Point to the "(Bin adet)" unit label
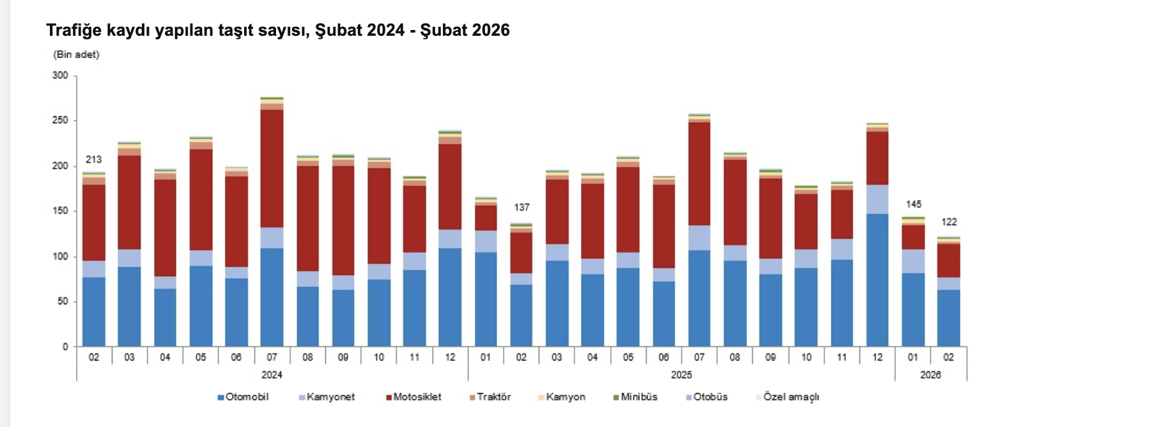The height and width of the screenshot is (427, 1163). coord(76,55)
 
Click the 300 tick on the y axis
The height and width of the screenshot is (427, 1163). coord(60,75)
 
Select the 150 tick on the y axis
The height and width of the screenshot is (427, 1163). coord(60,211)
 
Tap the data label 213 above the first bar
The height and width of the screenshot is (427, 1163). coord(93,160)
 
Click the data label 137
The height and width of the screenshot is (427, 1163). coord(521,208)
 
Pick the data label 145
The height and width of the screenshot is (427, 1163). coord(913,205)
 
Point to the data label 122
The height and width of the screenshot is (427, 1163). coord(949,222)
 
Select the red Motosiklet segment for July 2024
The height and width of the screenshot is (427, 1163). coord(272,169)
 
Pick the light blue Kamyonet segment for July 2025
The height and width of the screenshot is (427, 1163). coord(699,238)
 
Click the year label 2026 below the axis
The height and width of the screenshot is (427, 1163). coord(930,375)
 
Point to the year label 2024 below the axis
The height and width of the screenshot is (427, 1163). coord(272,375)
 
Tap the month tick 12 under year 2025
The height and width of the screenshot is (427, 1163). coord(877,357)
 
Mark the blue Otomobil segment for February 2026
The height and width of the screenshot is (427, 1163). coord(949,318)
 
